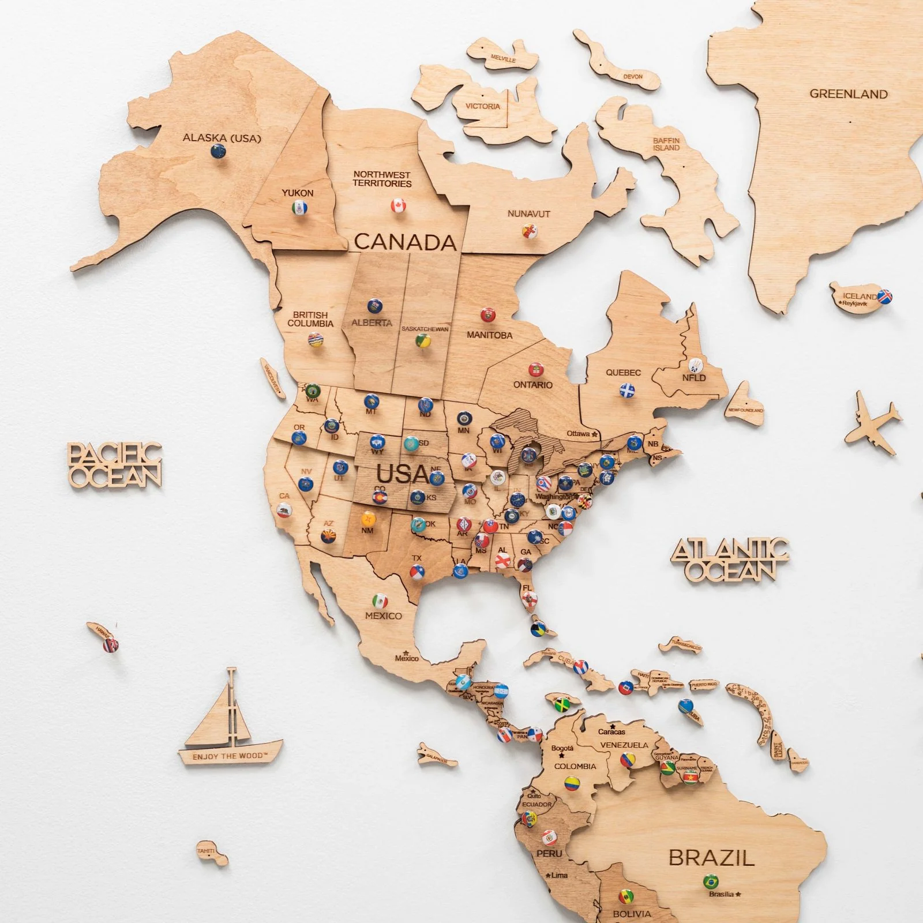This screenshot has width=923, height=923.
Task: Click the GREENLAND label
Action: [848, 94]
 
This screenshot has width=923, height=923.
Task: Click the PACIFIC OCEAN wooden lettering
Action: [114, 465]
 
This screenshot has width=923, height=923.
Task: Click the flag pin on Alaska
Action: [219, 152]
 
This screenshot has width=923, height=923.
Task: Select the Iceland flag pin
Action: [885, 297]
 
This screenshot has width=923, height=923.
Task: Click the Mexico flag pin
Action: [380, 601]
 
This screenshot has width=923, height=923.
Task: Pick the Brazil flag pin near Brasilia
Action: [711, 881]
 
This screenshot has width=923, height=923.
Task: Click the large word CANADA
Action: [405, 242]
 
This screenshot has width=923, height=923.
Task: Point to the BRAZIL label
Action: [711, 858]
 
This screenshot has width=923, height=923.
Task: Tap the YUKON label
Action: [298, 193]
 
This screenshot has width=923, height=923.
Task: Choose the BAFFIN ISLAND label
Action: [666, 144]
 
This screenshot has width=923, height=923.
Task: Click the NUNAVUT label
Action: [528, 214]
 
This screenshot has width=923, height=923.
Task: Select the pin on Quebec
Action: [627, 391]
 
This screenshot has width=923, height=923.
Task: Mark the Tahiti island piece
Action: [210, 853]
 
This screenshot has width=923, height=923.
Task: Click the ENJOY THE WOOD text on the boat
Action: [230, 756]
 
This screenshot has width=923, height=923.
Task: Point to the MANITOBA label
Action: [489, 335]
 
